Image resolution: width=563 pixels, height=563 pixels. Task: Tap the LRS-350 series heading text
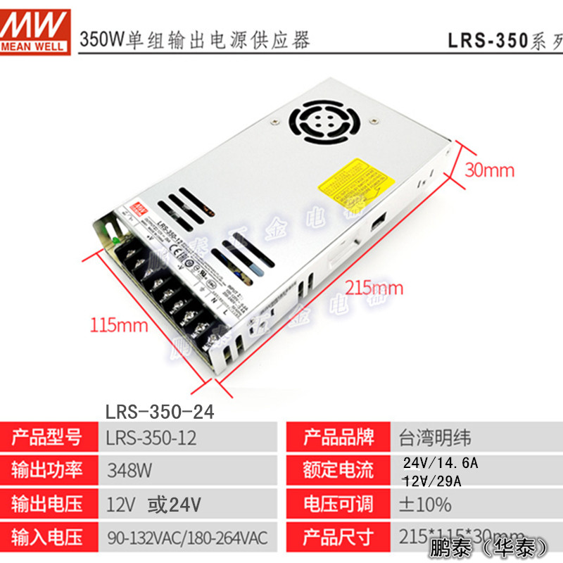tap(504, 40)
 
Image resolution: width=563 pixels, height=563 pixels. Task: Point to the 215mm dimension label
tap(374, 287)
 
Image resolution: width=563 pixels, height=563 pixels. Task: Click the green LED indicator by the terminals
tap(113, 241)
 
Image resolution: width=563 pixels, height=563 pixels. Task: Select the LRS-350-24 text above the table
tap(159, 411)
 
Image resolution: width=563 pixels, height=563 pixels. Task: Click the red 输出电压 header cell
tap(47, 504)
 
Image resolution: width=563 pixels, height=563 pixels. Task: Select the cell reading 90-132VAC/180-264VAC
tap(187, 538)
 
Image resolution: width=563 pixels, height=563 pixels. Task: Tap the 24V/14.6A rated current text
tap(440, 463)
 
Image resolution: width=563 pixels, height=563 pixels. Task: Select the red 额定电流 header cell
tap(339, 470)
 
